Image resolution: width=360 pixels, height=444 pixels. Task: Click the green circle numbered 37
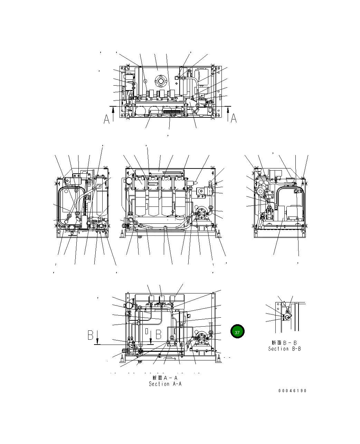tap(237, 332)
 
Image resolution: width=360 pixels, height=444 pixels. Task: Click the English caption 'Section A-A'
tap(165, 384)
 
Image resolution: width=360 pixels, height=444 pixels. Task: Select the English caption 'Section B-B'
tap(284, 349)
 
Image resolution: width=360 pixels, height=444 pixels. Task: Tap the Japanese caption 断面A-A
tap(165, 378)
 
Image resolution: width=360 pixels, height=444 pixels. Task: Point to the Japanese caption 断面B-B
tap(284, 343)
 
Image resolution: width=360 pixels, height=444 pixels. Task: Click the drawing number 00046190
tap(292, 391)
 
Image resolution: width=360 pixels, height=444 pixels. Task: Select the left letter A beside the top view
tap(107, 119)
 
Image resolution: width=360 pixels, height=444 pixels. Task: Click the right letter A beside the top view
tap(234, 118)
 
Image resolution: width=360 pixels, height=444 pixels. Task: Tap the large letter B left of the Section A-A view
tap(91, 335)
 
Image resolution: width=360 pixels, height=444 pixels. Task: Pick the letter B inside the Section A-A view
tap(159, 335)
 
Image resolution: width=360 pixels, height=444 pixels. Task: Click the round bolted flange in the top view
tap(160, 82)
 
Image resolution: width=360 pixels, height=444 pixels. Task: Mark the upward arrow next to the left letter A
tap(113, 114)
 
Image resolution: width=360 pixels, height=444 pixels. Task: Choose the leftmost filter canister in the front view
tap(141, 202)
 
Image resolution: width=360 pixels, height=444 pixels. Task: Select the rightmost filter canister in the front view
tap(180, 202)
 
